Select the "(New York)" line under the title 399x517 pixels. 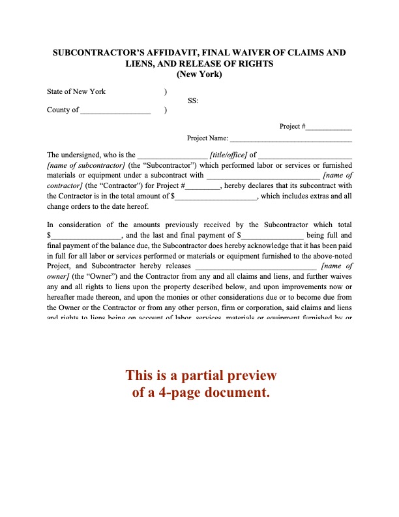point(199,74)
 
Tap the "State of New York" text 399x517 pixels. point(76,91)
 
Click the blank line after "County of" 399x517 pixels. point(115,110)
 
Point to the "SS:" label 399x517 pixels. point(193,101)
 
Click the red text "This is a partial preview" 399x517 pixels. point(201,376)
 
